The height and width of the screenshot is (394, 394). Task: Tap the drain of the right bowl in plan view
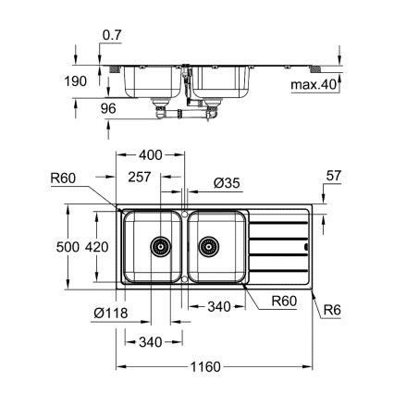(x=209, y=247)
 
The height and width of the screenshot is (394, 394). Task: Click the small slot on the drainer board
(x=305, y=247)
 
